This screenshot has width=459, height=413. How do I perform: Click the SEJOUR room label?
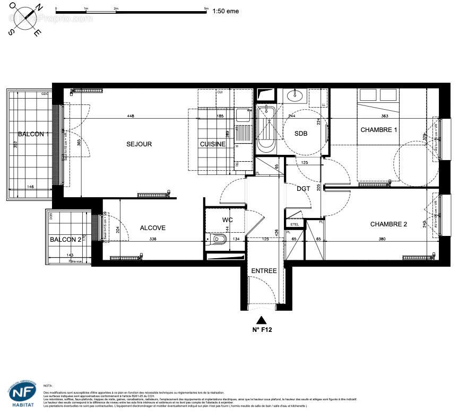point(139,144)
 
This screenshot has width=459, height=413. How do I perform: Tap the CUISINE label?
point(213,144)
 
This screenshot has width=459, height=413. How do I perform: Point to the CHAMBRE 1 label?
point(379,130)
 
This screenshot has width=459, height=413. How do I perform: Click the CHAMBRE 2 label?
point(388,224)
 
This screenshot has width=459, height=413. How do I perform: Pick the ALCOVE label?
point(153,228)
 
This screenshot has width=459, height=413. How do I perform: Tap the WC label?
point(227,219)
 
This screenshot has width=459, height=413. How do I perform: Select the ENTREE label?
point(264,271)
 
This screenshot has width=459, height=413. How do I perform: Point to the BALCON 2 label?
point(66,240)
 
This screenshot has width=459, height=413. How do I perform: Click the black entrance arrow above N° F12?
point(261,320)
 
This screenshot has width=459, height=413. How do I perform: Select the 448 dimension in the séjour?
point(131,116)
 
